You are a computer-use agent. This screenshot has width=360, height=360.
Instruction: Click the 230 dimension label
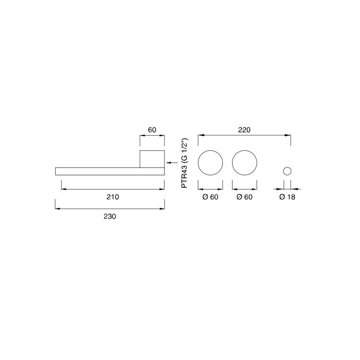click(110, 217)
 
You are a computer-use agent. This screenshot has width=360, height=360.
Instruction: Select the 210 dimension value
click(113, 197)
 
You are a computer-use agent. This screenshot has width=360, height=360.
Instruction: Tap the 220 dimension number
click(244, 130)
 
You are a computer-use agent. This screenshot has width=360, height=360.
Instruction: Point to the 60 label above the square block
click(152, 130)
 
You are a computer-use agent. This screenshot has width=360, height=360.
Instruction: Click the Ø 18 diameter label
click(287, 197)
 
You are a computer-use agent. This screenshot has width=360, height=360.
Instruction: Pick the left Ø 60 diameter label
click(210, 197)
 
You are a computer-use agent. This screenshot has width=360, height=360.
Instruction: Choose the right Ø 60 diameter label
click(245, 197)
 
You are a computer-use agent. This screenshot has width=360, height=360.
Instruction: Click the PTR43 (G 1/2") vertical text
click(184, 163)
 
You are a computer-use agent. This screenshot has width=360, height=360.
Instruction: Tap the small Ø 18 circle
click(287, 168)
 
